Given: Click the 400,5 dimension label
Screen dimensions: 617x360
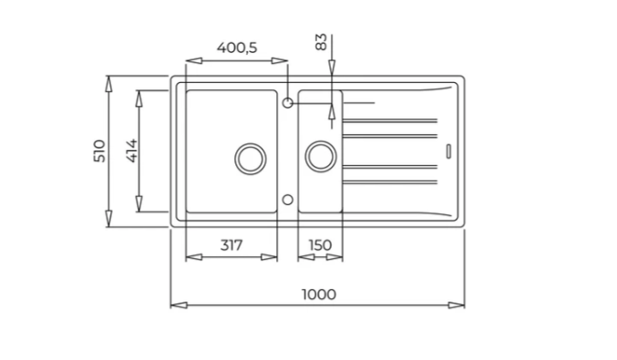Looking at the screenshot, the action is (237, 47).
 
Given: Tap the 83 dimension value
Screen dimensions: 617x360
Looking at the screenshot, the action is (321, 42).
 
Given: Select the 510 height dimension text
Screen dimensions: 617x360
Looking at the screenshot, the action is (99, 150).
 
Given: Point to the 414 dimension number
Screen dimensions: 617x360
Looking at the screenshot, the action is (132, 150).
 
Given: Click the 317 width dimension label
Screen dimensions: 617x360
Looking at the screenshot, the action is (231, 245).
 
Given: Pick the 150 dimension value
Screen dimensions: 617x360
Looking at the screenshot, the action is (320, 245).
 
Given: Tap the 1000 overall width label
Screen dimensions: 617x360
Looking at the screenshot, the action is (319, 294).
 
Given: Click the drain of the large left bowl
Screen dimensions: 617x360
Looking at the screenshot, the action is (251, 159).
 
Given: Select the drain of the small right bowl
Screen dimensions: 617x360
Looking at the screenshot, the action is (321, 156).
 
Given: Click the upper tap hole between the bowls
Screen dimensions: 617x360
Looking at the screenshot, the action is (288, 103).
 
